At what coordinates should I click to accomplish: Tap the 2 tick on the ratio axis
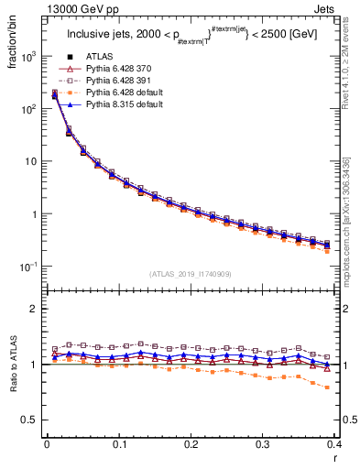[x=35, y=310]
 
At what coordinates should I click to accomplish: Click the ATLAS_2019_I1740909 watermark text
[x=190, y=274]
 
